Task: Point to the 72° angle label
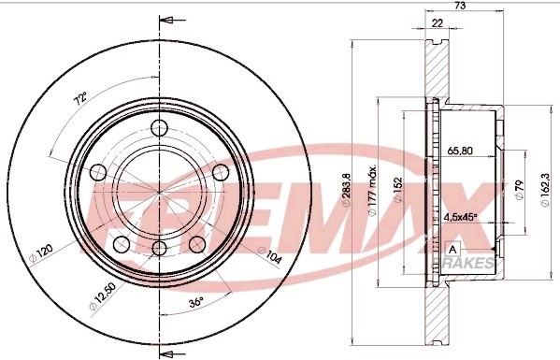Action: pos(81,96)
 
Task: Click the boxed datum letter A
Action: pos(452,250)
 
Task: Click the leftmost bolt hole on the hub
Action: pos(97,172)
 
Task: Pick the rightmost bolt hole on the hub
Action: pos(222,172)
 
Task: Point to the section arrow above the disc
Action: pos(168,18)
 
